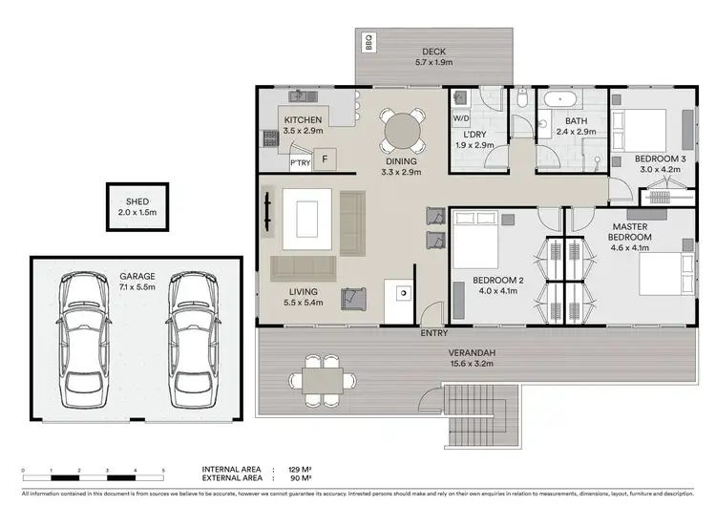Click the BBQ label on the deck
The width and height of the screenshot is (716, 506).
[x=369, y=43]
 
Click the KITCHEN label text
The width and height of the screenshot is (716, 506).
[x=302, y=119]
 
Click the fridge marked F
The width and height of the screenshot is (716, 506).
[x=326, y=158]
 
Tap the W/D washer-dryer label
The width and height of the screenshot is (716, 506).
[x=460, y=118]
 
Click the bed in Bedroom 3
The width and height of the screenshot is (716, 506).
[x=640, y=126]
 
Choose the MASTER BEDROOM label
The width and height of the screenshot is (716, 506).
[x=632, y=231]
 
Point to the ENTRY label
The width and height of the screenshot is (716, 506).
[x=434, y=333]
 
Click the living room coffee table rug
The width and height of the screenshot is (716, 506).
[x=305, y=213]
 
